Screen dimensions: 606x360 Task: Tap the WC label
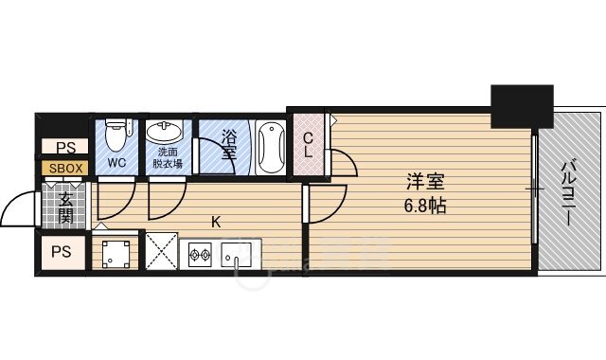click(116, 163)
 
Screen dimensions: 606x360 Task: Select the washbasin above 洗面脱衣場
click(164, 132)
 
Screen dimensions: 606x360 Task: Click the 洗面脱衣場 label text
click(168, 158)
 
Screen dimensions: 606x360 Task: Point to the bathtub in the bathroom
click(272, 147)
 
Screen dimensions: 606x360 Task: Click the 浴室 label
click(229, 145)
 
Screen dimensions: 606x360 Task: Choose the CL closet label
click(308, 145)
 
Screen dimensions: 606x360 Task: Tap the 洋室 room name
click(425, 182)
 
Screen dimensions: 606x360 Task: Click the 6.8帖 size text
click(425, 206)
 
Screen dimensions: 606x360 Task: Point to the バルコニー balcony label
click(567, 192)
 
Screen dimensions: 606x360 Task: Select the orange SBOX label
click(65, 169)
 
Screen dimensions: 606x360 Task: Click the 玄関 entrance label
click(65, 207)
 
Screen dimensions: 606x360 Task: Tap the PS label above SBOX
click(66, 148)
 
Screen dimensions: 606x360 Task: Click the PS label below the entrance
click(62, 252)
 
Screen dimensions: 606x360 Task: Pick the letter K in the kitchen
click(216, 222)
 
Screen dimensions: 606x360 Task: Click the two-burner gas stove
click(200, 255)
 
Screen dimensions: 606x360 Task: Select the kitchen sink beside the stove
click(237, 255)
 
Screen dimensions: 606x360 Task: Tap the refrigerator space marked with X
click(162, 251)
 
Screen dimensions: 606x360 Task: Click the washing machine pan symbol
click(116, 255)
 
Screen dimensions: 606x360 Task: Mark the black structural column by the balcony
click(522, 106)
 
